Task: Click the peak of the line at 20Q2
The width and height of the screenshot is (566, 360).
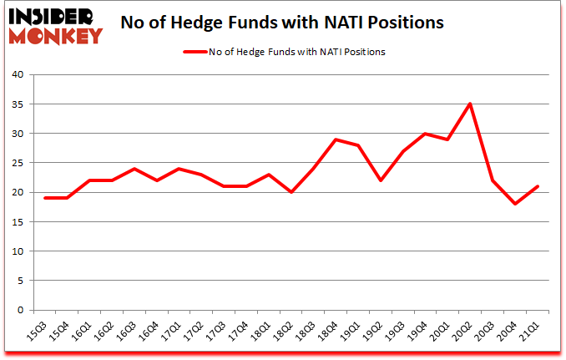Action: point(470,104)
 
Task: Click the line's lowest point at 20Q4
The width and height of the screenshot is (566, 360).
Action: point(515,204)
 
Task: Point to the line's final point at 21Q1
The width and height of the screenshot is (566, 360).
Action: point(538,186)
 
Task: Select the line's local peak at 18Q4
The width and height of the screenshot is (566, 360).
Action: point(336,139)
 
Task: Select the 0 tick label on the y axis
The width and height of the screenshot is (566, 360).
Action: point(22,311)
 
